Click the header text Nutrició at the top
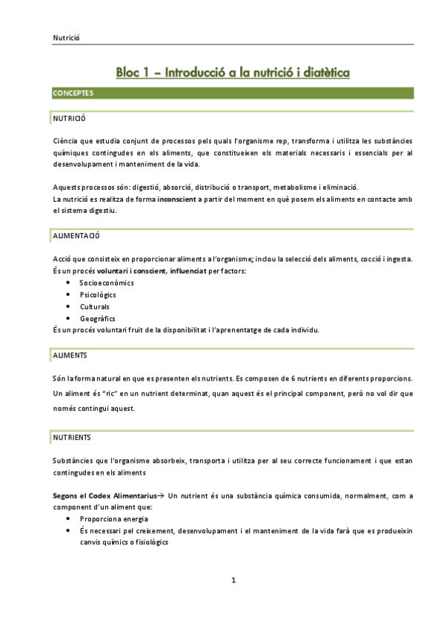pos(66,38)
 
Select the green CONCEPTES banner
pos(73,93)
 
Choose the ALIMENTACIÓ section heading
pos(76,236)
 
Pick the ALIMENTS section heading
pos(70,356)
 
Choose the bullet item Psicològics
pos(98,294)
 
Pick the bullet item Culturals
pos(95,306)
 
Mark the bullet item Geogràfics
pos(98,318)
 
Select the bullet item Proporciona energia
pos(114,519)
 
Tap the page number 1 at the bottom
pos(233,580)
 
